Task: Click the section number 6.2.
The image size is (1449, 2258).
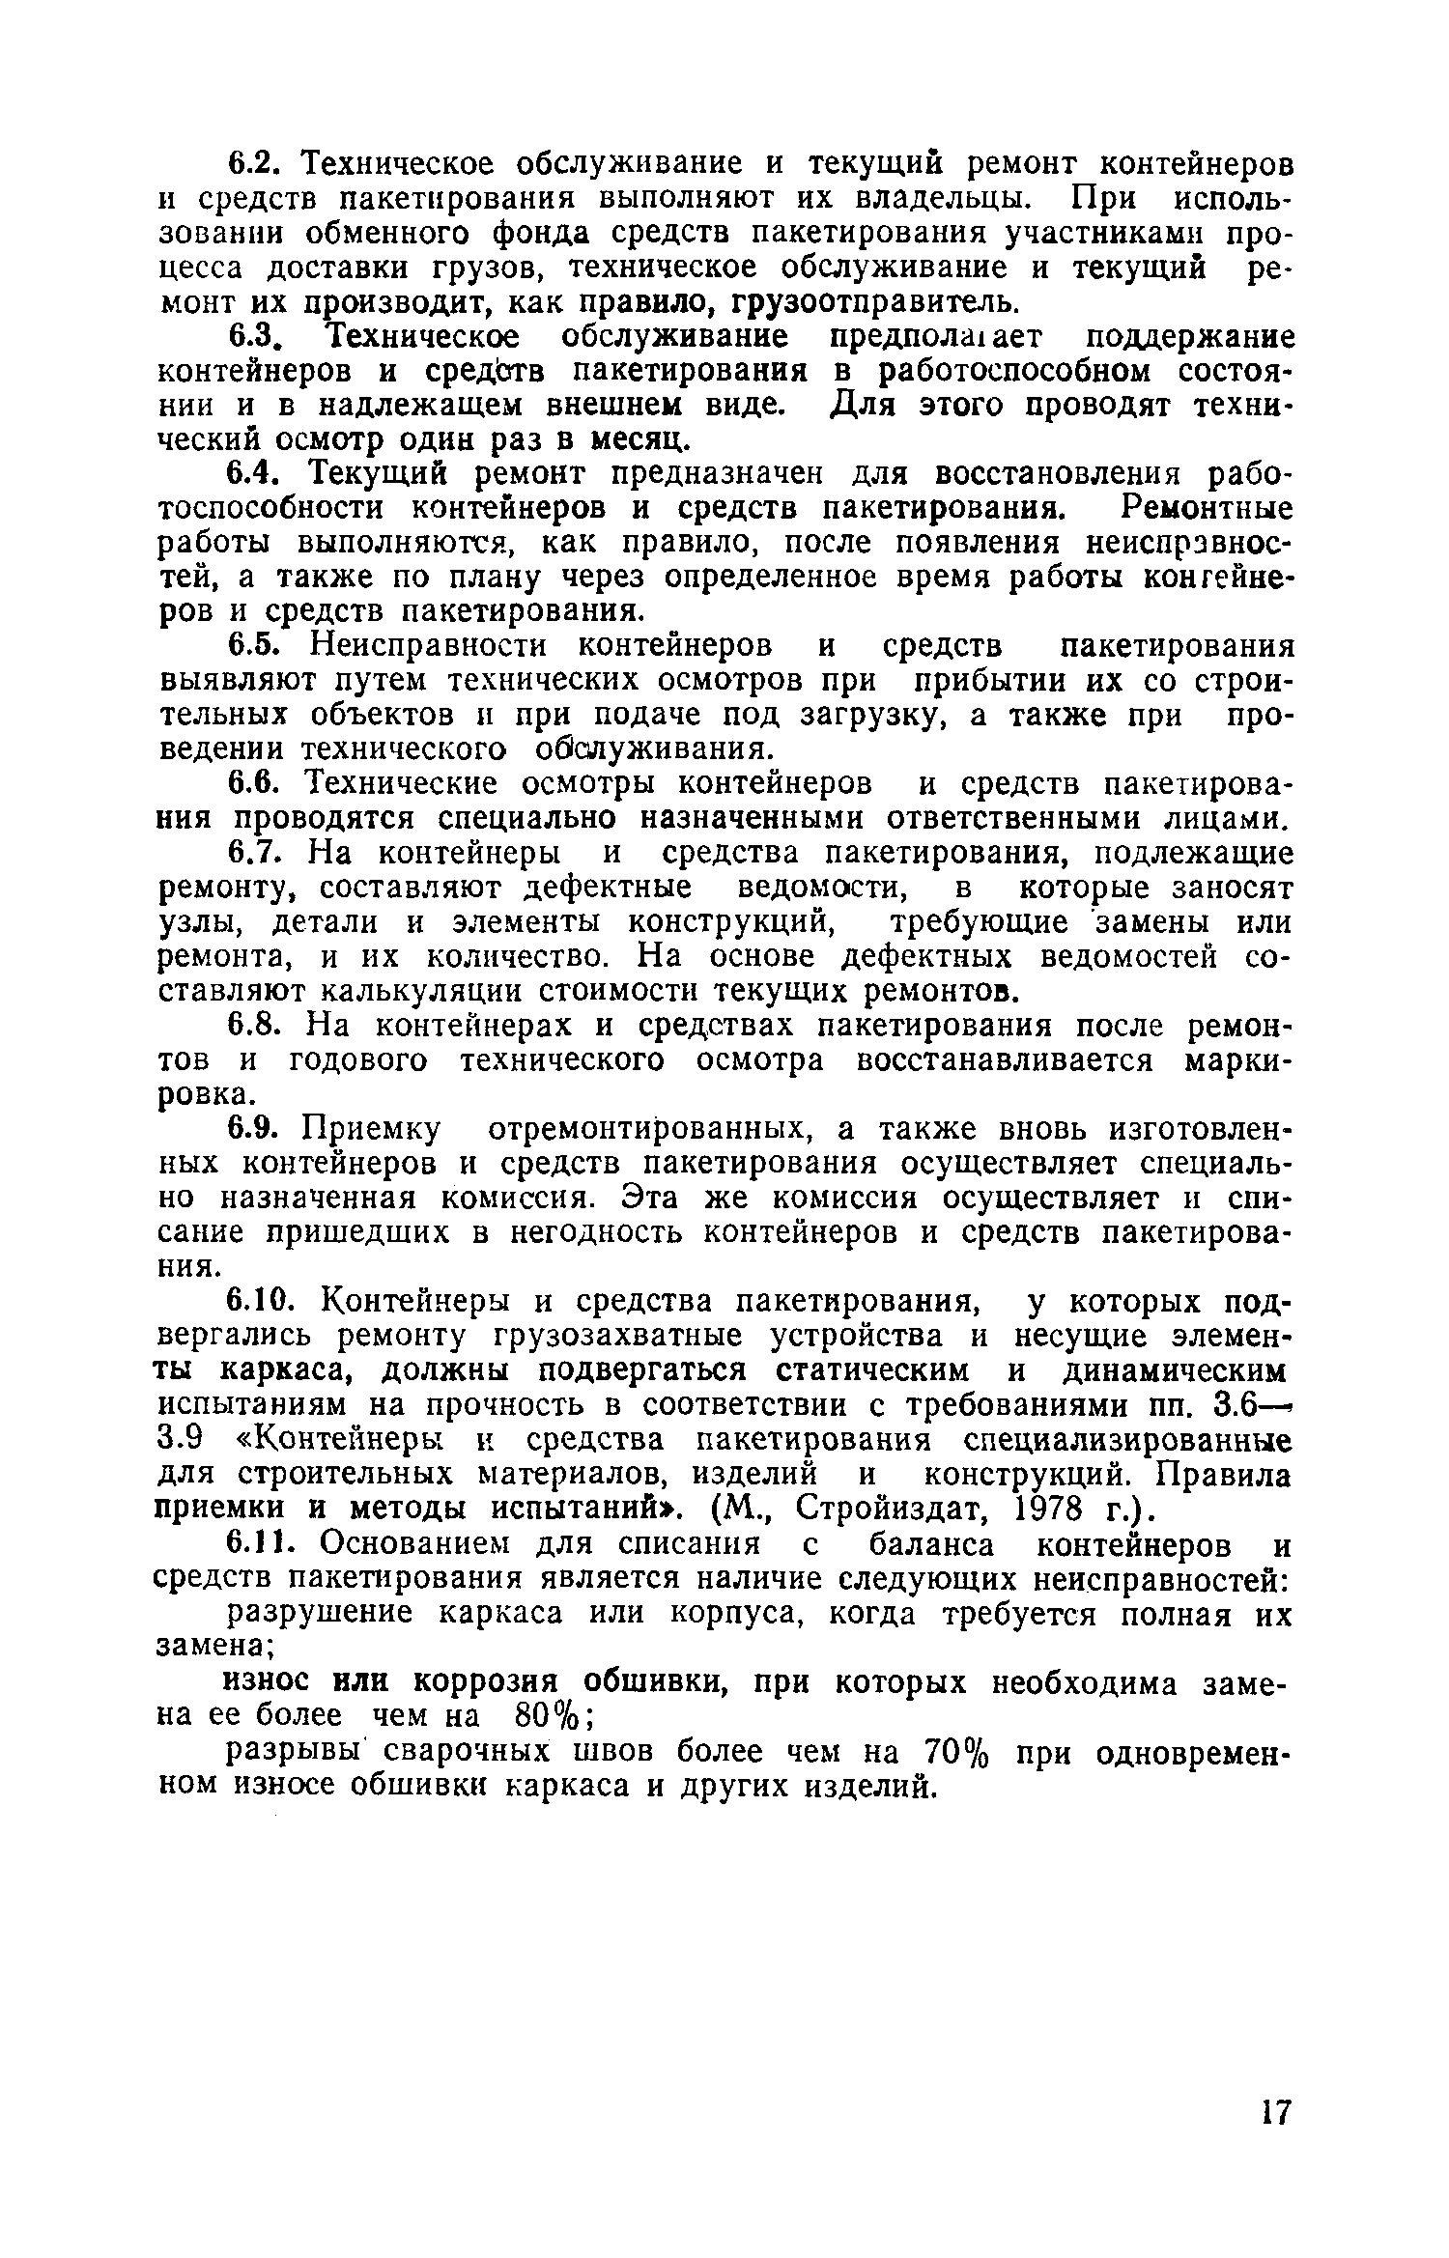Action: pyautogui.click(x=258, y=163)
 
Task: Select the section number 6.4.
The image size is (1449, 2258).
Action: pyautogui.click(x=258, y=474)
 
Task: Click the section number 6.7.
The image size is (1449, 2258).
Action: pyautogui.click(x=258, y=854)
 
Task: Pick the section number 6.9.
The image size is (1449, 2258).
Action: pyautogui.click(x=258, y=1130)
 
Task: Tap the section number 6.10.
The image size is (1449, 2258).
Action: pyautogui.click(x=266, y=1303)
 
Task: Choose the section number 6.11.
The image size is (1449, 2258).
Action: pyautogui.click(x=266, y=1545)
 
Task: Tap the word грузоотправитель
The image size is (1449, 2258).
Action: pyautogui.click(x=876, y=302)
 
